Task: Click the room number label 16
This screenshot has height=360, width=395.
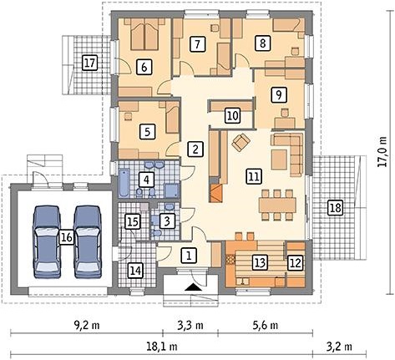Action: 66,238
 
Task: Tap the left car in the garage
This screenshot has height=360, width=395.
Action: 47,241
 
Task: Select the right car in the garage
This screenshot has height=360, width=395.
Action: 87,241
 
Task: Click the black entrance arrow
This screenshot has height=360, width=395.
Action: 192,287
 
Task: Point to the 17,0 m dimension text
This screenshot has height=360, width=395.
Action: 383,152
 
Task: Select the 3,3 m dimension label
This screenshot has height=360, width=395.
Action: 190,325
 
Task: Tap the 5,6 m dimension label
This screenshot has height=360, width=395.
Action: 266,325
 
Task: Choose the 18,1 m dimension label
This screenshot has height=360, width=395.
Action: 162,347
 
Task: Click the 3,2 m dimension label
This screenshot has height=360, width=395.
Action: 340,347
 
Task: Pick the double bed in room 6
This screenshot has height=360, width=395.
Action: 144,36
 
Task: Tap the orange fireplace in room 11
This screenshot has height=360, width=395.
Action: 216,193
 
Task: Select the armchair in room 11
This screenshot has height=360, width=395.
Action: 241,142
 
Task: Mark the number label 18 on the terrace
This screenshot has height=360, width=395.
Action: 336,208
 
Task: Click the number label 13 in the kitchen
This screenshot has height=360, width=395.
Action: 260,262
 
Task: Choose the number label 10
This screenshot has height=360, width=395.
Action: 233,115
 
